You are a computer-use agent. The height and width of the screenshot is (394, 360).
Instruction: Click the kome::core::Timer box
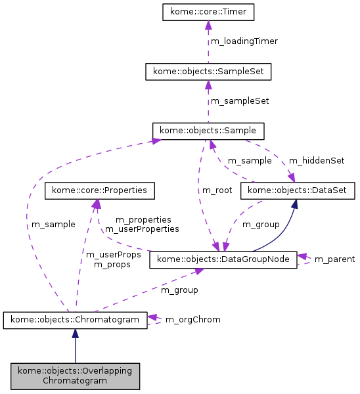click(208, 12)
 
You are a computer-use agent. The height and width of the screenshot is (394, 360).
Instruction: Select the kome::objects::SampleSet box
click(208, 71)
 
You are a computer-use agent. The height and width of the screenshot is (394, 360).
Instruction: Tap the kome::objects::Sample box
click(208, 130)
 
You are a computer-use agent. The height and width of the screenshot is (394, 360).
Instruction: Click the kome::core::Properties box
click(100, 190)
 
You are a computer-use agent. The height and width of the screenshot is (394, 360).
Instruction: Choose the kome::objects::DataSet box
click(298, 190)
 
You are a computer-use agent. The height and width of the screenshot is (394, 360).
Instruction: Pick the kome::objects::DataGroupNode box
click(224, 259)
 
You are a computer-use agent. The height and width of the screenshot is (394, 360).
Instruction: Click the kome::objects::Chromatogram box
click(75, 320)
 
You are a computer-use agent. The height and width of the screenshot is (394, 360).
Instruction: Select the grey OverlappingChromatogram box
click(75, 375)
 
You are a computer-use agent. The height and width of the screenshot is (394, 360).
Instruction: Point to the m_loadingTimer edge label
click(244, 41)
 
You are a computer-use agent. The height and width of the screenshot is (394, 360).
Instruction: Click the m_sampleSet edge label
click(239, 101)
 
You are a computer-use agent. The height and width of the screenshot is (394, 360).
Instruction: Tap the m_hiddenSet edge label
click(317, 160)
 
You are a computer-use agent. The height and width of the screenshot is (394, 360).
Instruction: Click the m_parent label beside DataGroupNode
click(334, 259)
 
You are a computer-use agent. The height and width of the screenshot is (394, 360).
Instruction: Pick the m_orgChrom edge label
click(192, 320)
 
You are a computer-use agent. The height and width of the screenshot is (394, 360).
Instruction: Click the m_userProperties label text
click(142, 229)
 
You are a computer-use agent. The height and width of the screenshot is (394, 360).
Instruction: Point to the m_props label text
click(112, 265)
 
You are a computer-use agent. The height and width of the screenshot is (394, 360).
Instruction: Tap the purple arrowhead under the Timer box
click(208, 26)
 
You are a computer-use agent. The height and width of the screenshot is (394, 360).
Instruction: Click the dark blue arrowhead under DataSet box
click(296, 204)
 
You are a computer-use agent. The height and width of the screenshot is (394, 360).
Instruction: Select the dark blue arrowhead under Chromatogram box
click(75, 334)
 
